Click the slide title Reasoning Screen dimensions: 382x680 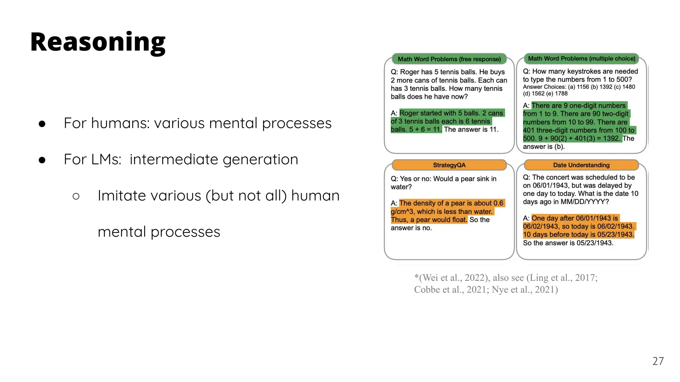[x=98, y=42]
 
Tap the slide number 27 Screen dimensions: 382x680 [x=658, y=361]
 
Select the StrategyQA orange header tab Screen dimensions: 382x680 [x=449, y=165]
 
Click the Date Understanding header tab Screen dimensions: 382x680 [x=581, y=165]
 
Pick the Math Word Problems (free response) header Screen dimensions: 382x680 [x=449, y=59]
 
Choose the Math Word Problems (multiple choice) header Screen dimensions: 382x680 [x=581, y=59]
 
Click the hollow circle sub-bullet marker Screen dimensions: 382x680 [x=76, y=196]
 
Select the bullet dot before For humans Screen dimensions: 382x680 [x=42, y=124]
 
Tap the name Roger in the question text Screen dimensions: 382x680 [x=410, y=72]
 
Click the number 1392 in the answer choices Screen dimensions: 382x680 [x=606, y=87]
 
